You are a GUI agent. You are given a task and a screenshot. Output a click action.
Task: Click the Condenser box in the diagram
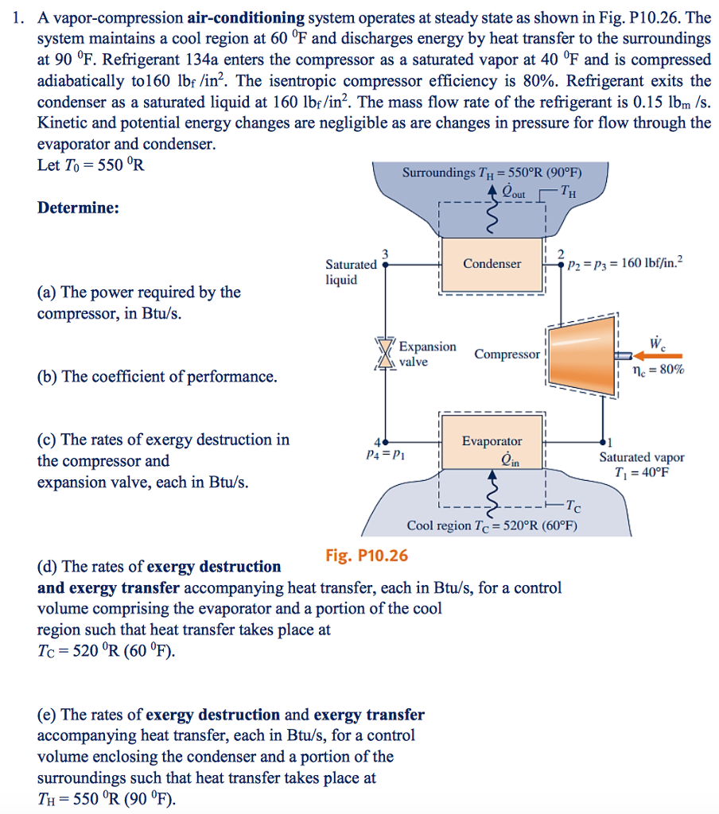tap(492, 264)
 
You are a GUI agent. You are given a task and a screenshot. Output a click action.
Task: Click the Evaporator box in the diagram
tap(492, 442)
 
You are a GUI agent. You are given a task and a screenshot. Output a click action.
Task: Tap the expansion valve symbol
tap(387, 353)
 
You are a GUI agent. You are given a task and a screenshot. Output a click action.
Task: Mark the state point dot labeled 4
tap(387, 440)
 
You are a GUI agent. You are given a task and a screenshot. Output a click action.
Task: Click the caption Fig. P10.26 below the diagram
tap(367, 555)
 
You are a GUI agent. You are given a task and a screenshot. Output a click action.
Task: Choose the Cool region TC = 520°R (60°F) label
tap(492, 526)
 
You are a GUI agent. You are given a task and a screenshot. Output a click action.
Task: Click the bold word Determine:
tap(79, 207)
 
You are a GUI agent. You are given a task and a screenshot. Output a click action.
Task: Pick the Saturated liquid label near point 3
tap(351, 272)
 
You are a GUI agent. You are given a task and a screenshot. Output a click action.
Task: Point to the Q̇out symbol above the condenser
tap(503, 193)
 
